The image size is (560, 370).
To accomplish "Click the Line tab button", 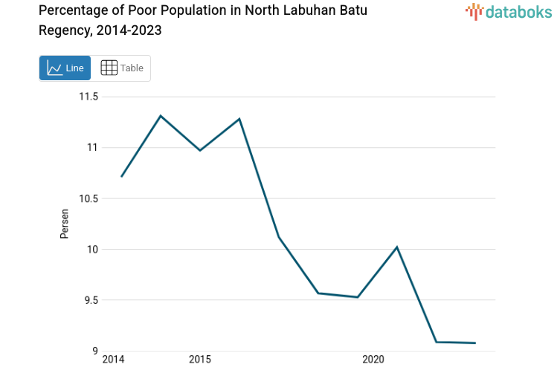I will click(x=65, y=68).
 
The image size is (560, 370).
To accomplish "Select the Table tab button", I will click(x=121, y=68).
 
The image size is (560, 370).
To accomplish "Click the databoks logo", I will click(x=509, y=11).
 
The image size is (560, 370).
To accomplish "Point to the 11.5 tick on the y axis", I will click(x=89, y=97).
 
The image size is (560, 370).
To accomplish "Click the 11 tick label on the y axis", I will click(x=92, y=147).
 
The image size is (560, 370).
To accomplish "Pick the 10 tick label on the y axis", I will click(x=92, y=249).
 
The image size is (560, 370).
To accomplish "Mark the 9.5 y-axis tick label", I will click(x=90, y=300).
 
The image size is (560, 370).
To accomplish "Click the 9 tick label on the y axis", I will click(x=94, y=351).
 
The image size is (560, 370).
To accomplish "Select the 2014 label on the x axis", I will click(x=113, y=360).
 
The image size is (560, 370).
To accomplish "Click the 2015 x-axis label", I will click(x=199, y=360).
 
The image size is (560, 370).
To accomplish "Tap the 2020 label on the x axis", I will click(x=373, y=360).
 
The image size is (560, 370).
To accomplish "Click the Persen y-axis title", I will click(x=65, y=224).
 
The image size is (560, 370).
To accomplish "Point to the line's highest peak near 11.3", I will click(x=161, y=115).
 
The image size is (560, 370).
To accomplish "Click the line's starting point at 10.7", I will click(x=121, y=176).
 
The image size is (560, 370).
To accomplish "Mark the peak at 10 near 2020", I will click(x=397, y=247).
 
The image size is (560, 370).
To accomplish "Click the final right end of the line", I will click(x=475, y=343).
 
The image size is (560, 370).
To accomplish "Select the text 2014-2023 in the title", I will click(x=125, y=30).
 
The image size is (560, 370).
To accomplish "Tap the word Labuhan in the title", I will click(x=283, y=10).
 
